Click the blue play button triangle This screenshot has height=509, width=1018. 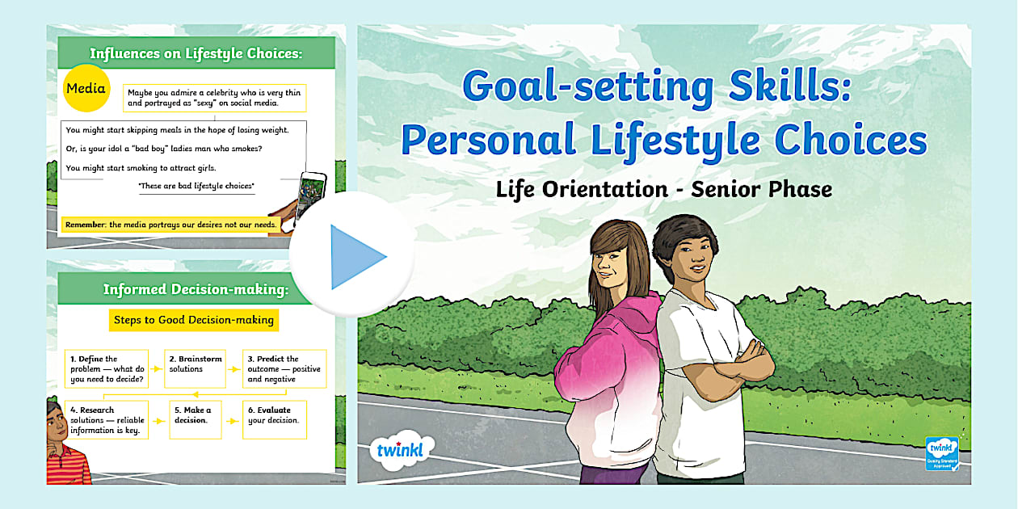[355, 257]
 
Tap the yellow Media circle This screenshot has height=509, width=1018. [86, 89]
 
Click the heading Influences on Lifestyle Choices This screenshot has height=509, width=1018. [196, 54]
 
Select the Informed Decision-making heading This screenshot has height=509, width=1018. [195, 289]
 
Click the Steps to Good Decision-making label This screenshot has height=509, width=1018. [194, 320]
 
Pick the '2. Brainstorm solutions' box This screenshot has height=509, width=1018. [195, 369]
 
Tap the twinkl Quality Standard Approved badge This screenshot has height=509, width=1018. [941, 453]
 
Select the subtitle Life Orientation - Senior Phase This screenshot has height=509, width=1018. [663, 189]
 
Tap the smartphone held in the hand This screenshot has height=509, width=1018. [312, 197]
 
